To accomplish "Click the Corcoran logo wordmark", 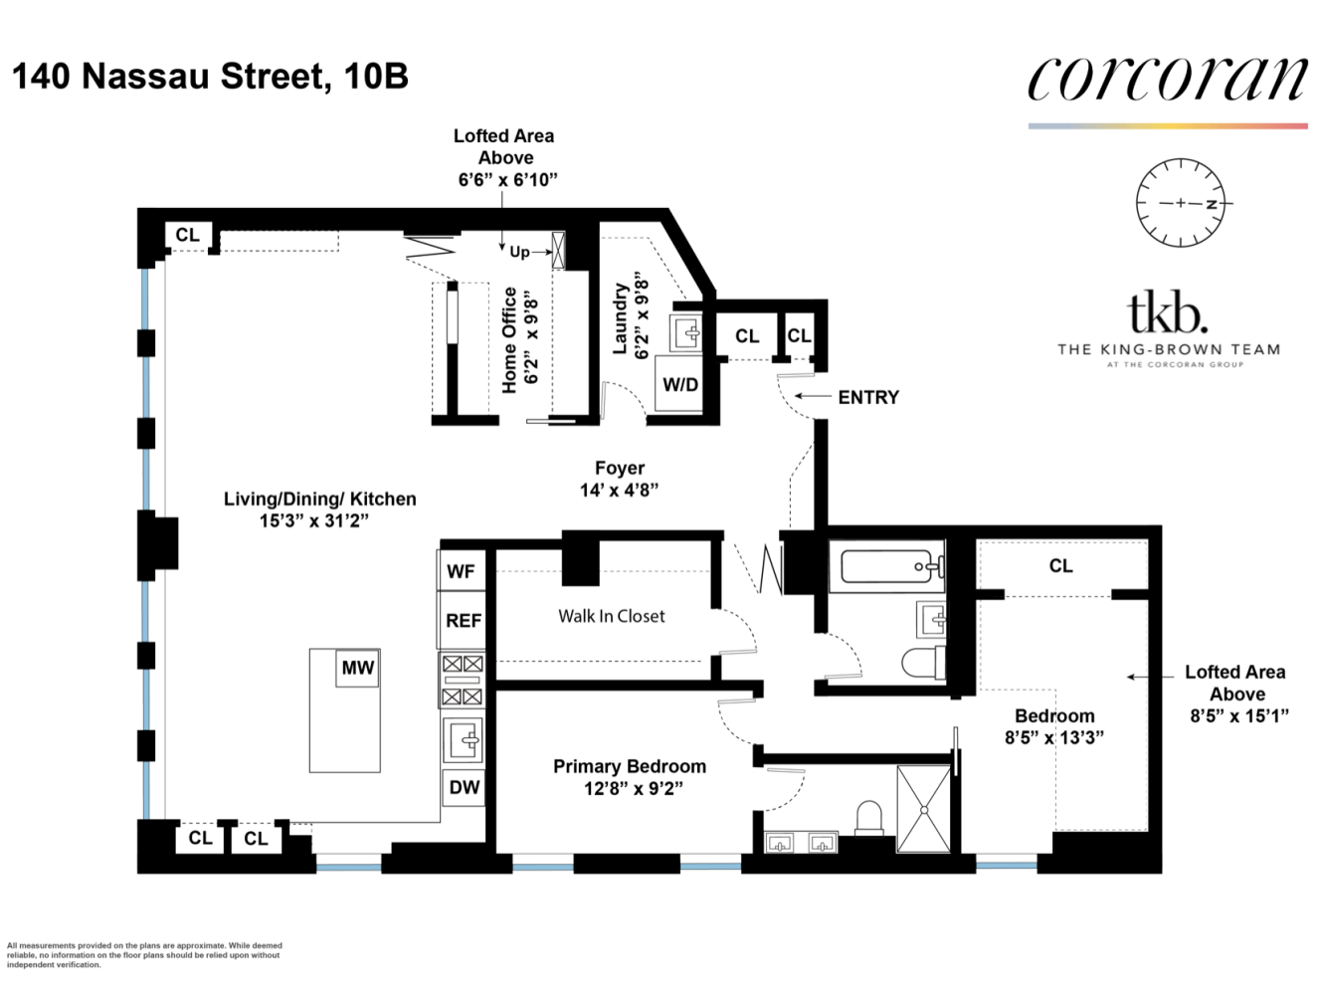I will (x=1167, y=80).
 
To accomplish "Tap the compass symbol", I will (x=1181, y=203).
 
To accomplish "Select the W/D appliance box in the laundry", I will (x=680, y=385).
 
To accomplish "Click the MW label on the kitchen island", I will (x=357, y=668).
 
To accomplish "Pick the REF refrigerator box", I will (x=463, y=621).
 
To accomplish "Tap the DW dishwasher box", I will (x=464, y=787).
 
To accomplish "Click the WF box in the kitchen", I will (x=462, y=571).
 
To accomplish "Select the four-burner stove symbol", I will (x=463, y=681).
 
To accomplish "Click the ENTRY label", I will (x=867, y=397).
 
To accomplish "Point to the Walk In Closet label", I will (x=611, y=616).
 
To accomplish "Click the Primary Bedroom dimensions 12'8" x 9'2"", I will (x=633, y=789).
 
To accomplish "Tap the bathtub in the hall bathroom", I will (x=890, y=568).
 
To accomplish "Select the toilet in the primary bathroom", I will (x=870, y=820).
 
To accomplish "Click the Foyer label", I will (x=620, y=468).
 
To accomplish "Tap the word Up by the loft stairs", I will (x=519, y=252).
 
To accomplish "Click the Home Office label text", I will (x=509, y=339).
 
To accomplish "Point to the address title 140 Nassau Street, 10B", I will (x=210, y=76).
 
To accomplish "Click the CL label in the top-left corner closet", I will (x=187, y=235).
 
